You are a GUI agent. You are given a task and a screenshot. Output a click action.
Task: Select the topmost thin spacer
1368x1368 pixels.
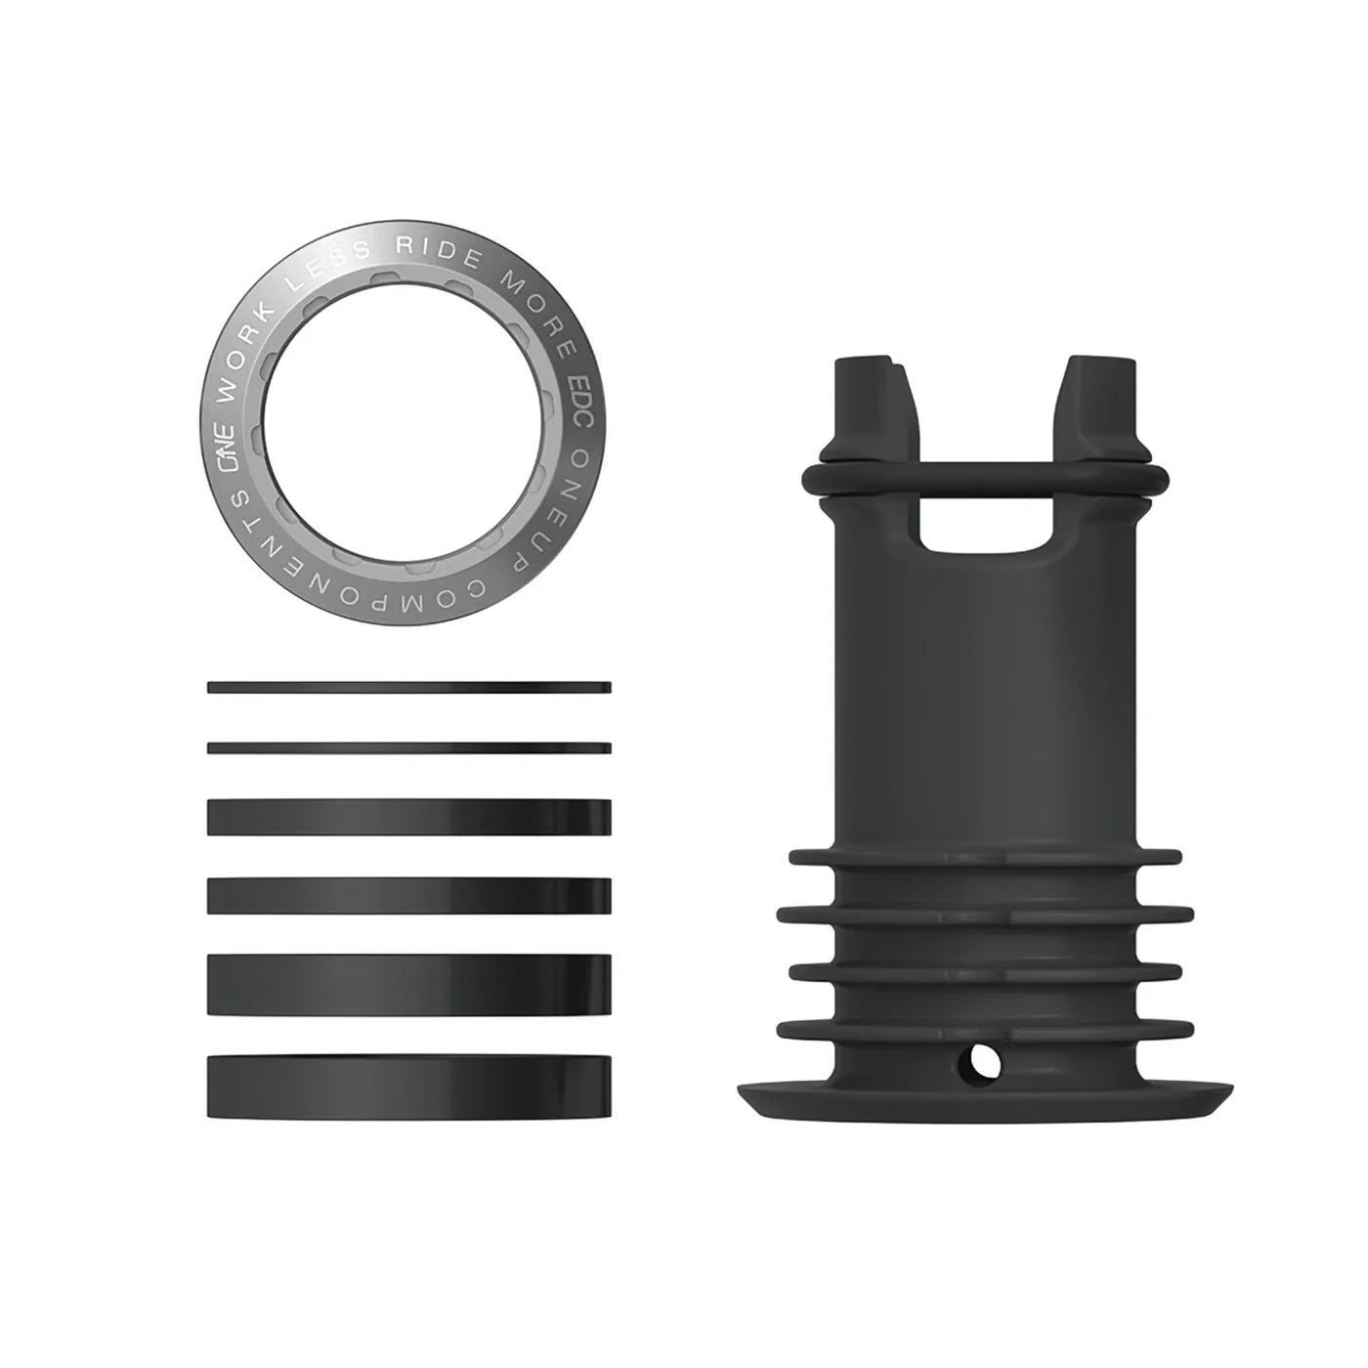coord(409,687)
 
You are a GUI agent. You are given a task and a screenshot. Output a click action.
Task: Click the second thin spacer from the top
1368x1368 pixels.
coord(409,748)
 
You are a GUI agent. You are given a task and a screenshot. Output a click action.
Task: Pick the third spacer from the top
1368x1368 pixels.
coord(409,817)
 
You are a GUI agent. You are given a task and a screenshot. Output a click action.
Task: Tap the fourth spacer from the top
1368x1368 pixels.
coord(409,895)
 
